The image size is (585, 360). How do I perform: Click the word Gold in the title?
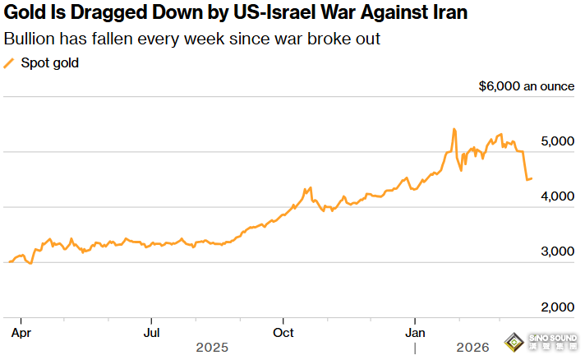pyautogui.click(x=24, y=14)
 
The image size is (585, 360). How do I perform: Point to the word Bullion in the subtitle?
pyautogui.click(x=30, y=39)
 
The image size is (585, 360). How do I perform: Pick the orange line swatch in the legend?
pyautogui.click(x=10, y=63)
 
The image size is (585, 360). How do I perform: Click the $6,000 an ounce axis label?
pyautogui.click(x=526, y=85)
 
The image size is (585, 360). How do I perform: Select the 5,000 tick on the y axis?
pyautogui.click(x=559, y=141)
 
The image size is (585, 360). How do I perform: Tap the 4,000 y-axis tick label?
pyautogui.click(x=559, y=196)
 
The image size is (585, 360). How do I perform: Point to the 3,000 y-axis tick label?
pyautogui.click(x=559, y=252)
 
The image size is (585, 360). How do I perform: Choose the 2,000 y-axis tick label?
pyautogui.click(x=559, y=307)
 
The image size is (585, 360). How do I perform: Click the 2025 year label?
pyautogui.click(x=212, y=348)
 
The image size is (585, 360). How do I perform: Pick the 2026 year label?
pyautogui.click(x=473, y=348)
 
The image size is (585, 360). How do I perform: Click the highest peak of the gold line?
pyautogui.click(x=454, y=129)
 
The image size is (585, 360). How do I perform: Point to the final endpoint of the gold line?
pyautogui.click(x=532, y=178)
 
